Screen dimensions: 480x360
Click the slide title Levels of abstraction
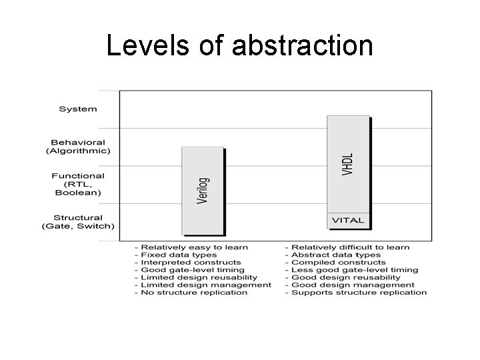tap(239, 46)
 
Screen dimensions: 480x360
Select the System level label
tap(78, 109)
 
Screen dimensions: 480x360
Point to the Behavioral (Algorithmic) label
tap(78, 147)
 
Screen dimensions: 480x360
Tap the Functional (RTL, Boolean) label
tap(78, 184)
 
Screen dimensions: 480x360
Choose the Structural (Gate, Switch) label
tap(78, 221)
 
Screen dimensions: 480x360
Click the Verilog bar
tap(202, 191)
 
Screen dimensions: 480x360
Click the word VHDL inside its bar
tap(347, 164)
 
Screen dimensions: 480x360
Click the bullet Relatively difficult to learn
tap(347, 247)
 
